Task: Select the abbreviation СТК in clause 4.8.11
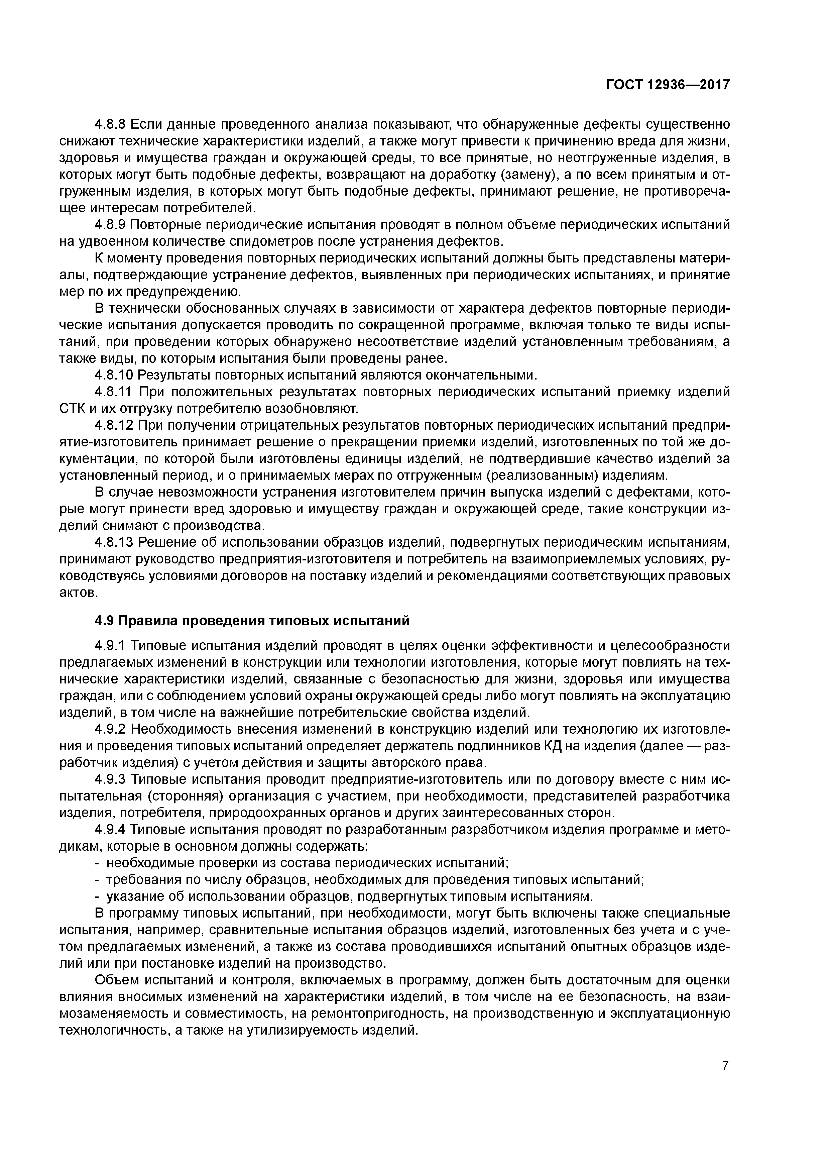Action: [x=72, y=409]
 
